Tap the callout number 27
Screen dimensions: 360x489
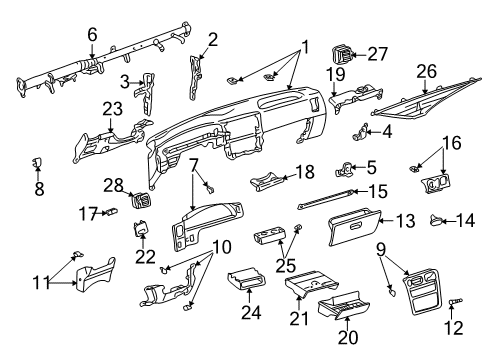point(376,53)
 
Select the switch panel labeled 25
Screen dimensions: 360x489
point(270,238)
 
